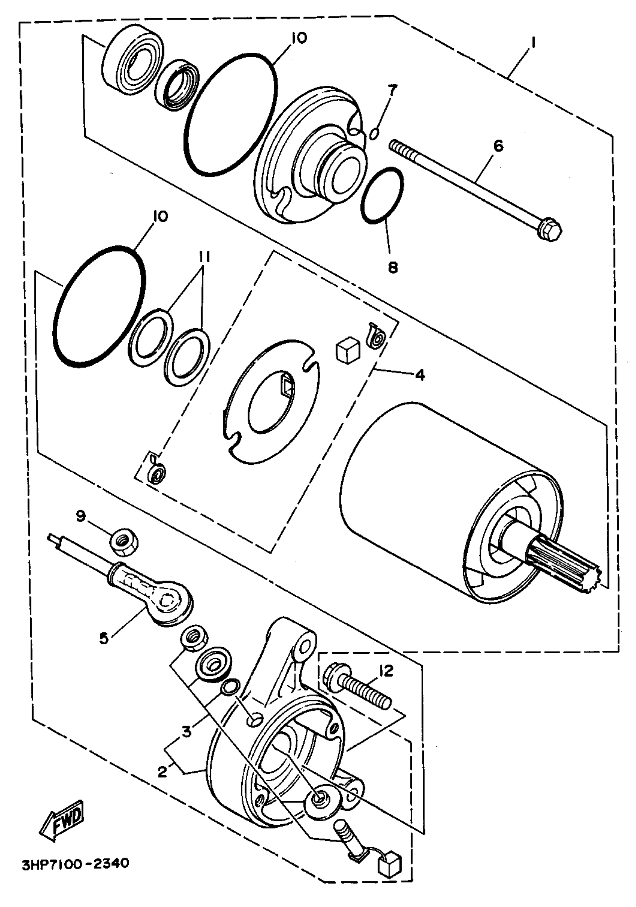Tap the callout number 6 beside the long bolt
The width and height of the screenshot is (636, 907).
(x=499, y=147)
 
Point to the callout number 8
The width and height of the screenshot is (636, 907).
(x=392, y=268)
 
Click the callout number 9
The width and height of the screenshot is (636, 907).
(x=80, y=516)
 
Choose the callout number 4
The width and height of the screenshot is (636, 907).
(x=420, y=374)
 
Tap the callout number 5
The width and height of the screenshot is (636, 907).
(x=104, y=638)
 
